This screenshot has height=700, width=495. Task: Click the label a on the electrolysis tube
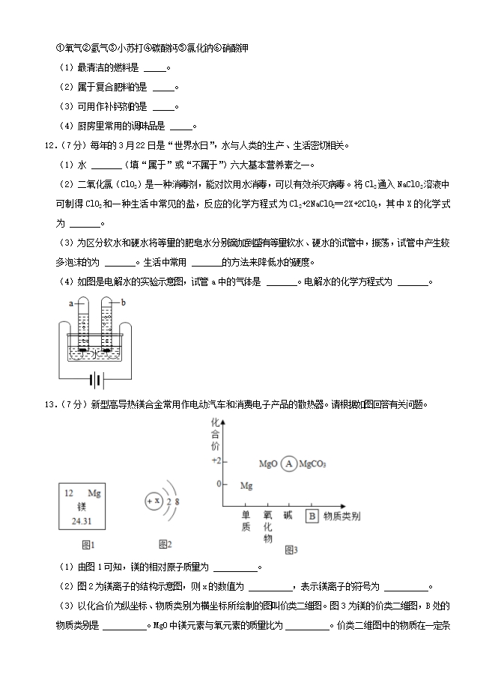(x=70, y=303)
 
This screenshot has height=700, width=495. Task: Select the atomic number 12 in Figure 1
(x=68, y=494)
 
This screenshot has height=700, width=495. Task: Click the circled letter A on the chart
(x=289, y=464)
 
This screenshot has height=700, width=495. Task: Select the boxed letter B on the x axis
(x=312, y=515)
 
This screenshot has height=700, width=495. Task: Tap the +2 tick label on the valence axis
(x=216, y=460)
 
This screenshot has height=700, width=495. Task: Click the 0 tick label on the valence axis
(x=219, y=484)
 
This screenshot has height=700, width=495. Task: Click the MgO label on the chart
(x=268, y=464)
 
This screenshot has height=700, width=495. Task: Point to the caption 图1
(x=87, y=544)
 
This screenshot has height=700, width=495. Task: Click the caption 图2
(x=165, y=544)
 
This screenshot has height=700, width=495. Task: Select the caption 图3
(x=291, y=550)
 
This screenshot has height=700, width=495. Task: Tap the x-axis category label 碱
(x=288, y=515)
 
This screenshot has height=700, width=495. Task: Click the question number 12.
(x=52, y=145)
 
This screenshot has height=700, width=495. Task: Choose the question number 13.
(x=52, y=405)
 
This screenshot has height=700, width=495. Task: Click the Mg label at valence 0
(x=246, y=486)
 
